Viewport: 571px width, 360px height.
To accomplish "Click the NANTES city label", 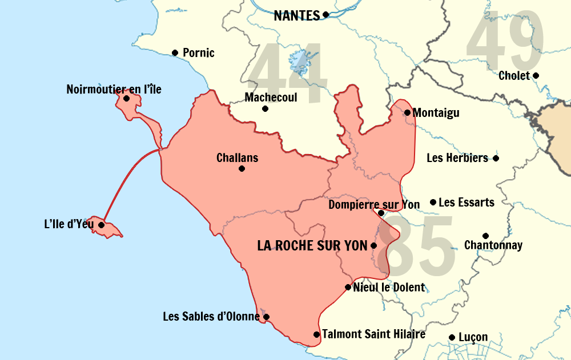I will [296, 15].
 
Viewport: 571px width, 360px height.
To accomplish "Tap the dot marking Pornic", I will [175, 53].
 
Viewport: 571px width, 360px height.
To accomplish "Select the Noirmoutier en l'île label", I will [114, 89].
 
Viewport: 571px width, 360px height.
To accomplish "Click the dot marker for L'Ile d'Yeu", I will [102, 225].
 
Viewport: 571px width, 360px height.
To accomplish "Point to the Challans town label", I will [237, 157].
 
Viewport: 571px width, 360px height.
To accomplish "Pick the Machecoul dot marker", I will [265, 108].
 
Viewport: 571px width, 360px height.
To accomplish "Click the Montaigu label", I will [436, 113].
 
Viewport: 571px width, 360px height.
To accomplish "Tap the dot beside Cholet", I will [536, 75].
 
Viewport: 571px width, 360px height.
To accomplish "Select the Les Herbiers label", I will [457, 158].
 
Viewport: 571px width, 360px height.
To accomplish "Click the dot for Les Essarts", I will [433, 202].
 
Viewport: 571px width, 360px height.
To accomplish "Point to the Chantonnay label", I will [493, 245].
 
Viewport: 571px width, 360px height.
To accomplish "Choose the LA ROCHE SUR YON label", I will [312, 246].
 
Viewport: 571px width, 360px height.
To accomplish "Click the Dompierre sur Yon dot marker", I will [381, 213].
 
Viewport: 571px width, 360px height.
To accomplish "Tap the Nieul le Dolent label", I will [389, 287].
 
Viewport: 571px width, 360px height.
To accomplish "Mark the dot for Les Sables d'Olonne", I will [266, 317].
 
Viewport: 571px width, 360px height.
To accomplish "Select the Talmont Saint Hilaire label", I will [373, 334].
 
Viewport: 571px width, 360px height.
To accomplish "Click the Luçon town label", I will [473, 337].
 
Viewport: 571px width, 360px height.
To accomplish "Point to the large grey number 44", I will [288, 74].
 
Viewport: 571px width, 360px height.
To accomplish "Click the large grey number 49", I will [505, 43].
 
